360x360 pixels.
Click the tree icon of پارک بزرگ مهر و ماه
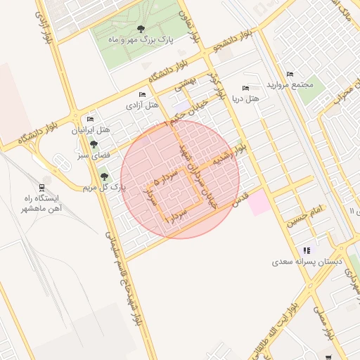pyautogui.click(x=141, y=29)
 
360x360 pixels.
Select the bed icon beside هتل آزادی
pyautogui.click(x=142, y=94)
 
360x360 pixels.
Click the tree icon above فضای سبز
pyautogui.click(x=94, y=143)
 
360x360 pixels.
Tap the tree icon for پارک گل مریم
pyautogui.click(x=104, y=176)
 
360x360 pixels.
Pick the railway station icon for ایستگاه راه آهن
pyautogui.click(x=43, y=187)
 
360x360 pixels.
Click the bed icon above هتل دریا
pyautogui.click(x=245, y=88)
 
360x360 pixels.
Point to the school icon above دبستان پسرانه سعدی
pyautogui.click(x=307, y=250)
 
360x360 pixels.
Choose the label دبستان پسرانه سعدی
pyautogui.click(x=307, y=262)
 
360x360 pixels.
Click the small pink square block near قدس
pyautogui.click(x=258, y=202)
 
